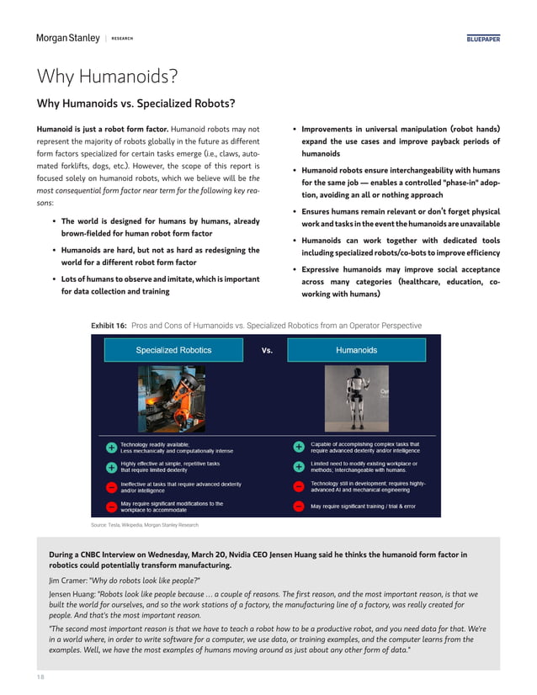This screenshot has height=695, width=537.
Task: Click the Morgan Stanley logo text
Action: tap(67, 38)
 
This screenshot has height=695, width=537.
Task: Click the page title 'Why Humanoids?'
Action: tap(106, 77)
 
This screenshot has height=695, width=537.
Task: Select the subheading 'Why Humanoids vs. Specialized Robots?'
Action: tap(135, 104)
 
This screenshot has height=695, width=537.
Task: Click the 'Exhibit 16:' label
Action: tap(109, 324)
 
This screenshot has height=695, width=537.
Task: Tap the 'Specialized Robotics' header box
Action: tap(174, 350)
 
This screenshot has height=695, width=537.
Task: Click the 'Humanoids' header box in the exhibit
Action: tap(356, 350)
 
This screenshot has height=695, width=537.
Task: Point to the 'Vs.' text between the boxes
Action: tap(267, 350)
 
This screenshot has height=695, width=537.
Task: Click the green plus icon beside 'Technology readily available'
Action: tap(111, 448)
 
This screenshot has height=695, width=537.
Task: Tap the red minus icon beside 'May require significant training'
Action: tap(298, 507)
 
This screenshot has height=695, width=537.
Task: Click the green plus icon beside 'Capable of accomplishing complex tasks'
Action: tap(298, 448)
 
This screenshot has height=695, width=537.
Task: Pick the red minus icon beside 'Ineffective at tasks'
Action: tap(111, 487)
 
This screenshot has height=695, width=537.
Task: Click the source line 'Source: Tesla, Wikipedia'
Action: tap(144, 524)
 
